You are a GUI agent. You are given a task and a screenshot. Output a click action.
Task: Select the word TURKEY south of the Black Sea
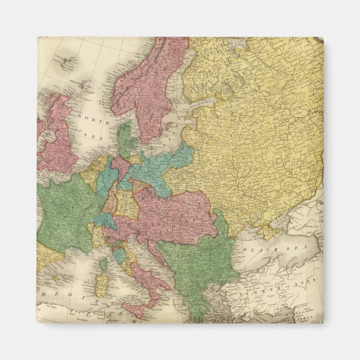(x=262, y=292)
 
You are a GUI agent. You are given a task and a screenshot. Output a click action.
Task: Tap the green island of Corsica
(x=104, y=262)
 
